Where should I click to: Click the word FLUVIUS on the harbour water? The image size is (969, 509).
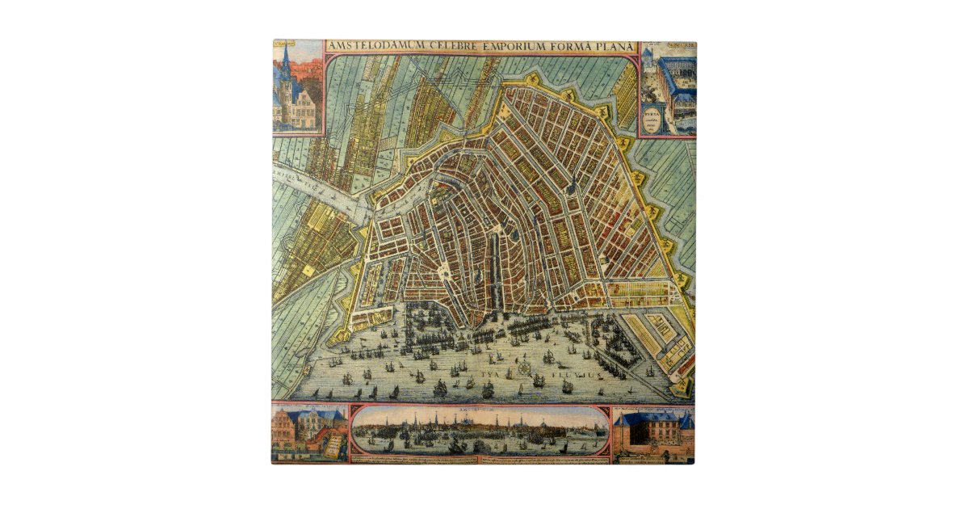pyautogui.click(x=573, y=376)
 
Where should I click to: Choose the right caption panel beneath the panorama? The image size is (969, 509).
pyautogui.click(x=549, y=460)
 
